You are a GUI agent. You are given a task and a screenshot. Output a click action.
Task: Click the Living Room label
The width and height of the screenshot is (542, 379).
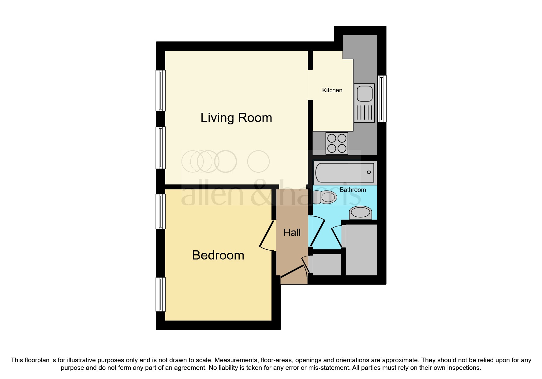[x=236, y=118]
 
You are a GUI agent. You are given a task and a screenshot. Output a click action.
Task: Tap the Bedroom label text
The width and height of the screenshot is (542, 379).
[x=218, y=255]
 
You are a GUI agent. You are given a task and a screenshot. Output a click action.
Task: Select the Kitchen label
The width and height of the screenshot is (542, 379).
[x=332, y=90]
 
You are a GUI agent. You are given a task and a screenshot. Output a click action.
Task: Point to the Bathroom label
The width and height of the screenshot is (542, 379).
[x=353, y=190]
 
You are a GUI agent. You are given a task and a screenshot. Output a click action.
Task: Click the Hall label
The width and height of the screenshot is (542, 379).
[x=292, y=233]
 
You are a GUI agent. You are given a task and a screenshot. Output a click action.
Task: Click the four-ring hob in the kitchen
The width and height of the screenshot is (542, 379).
[x=337, y=143]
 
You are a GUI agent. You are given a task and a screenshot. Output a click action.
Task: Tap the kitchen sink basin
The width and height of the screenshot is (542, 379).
[x=364, y=93]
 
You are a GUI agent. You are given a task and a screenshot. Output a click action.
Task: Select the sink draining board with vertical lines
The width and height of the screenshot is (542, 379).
[x=364, y=113]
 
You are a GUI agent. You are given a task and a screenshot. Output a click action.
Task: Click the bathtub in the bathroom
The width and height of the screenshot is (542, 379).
[x=344, y=173]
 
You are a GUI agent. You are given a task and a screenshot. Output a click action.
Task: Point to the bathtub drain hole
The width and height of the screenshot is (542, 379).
[x=369, y=172]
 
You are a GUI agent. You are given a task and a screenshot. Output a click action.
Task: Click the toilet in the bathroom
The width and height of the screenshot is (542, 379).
[x=325, y=197]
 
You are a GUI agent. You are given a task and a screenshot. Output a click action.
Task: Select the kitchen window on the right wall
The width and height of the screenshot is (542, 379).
[x=382, y=98]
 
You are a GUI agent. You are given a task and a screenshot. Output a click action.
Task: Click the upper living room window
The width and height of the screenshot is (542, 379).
[x=161, y=90]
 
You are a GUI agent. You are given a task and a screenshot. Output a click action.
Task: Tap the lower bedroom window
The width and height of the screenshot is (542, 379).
[x=161, y=294]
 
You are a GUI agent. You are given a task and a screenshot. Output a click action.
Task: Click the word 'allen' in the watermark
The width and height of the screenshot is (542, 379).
[x=212, y=195]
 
